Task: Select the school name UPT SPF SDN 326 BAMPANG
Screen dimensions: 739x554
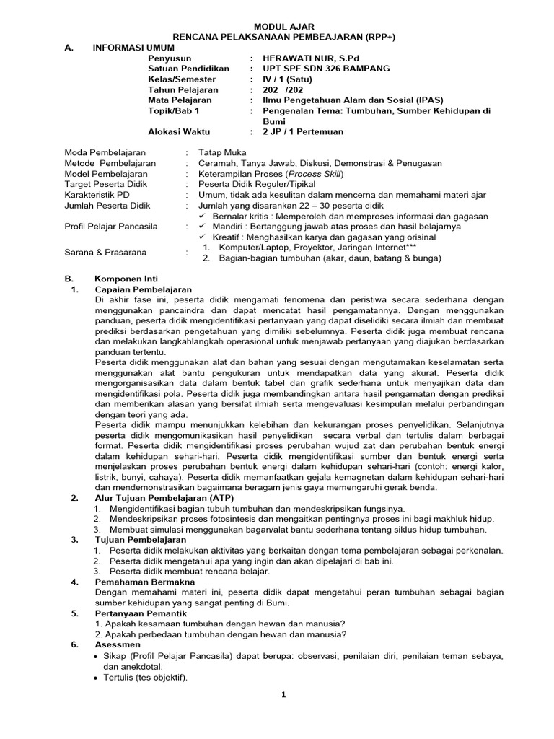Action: [326, 69]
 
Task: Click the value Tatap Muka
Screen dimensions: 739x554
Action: [222, 153]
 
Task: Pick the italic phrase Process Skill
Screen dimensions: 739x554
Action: [317, 174]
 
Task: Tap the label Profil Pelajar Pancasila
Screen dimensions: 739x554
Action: [111, 227]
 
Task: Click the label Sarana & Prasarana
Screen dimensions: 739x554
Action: [105, 253]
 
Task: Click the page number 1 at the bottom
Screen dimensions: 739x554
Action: [283, 694]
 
